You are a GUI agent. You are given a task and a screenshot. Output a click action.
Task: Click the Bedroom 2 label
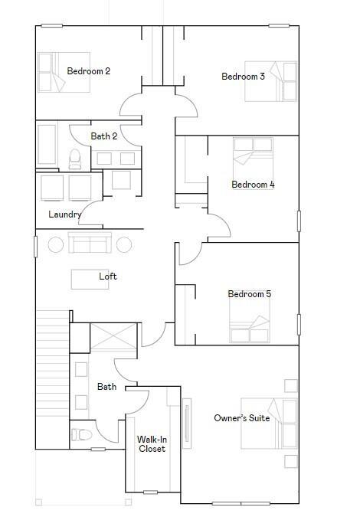[x=89, y=71]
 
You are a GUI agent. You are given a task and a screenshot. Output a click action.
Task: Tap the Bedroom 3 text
[x=243, y=77]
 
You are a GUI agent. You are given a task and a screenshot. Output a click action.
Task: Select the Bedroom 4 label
[x=253, y=185]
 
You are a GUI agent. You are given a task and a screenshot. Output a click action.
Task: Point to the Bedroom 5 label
[x=250, y=294]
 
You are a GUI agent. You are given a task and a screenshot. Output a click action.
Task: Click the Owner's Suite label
[x=242, y=418]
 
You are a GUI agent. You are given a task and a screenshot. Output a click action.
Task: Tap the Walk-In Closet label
[x=152, y=444]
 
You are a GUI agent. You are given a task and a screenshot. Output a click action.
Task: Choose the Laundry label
[x=64, y=214]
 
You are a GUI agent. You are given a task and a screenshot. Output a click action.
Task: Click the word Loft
[x=108, y=276]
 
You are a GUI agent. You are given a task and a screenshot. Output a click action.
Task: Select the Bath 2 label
[x=104, y=136]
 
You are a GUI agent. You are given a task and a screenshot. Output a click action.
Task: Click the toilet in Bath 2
[x=75, y=159]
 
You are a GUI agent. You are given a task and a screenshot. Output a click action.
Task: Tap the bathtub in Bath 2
[x=47, y=144]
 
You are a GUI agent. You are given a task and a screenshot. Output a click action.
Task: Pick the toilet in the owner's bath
[x=81, y=435]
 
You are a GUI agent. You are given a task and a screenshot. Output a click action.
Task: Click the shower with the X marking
[x=113, y=336]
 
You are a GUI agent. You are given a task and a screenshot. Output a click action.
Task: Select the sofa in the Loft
[x=90, y=242]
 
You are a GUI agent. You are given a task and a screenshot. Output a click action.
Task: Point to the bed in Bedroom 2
[x=64, y=72]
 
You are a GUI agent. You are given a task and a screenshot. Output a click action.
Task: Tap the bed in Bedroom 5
[x=250, y=320]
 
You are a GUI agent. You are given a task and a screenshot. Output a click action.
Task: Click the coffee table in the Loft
[x=90, y=280]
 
